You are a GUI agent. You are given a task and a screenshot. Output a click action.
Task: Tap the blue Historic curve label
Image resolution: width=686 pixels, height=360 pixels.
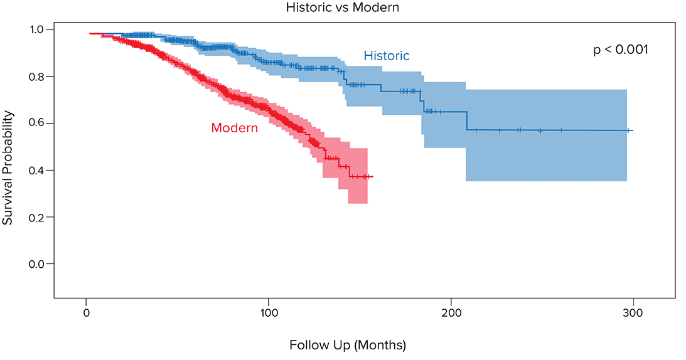[386, 56]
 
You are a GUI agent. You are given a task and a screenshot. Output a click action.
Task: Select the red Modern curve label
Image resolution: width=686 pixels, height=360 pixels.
[234, 128]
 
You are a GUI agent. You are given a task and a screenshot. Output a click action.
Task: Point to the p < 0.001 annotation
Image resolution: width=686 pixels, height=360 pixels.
[620, 50]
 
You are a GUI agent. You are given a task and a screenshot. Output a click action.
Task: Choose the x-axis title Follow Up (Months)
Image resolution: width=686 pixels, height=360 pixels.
[347, 345]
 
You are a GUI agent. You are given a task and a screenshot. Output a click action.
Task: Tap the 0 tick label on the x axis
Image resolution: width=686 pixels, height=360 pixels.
[86, 312]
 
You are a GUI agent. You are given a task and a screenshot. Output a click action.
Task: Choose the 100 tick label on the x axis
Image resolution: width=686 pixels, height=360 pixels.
[269, 312]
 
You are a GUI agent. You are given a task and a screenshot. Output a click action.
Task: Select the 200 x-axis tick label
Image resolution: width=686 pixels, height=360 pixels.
[451, 312]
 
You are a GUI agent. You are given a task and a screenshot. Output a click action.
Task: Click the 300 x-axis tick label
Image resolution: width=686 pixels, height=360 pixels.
[633, 312]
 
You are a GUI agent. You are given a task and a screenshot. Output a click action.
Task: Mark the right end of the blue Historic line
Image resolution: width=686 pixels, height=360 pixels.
[633, 130]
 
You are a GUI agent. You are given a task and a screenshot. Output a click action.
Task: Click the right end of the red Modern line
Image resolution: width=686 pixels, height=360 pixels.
[373, 177]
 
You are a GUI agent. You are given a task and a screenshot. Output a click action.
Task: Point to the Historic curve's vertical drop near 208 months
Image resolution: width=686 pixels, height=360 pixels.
[466, 121]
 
